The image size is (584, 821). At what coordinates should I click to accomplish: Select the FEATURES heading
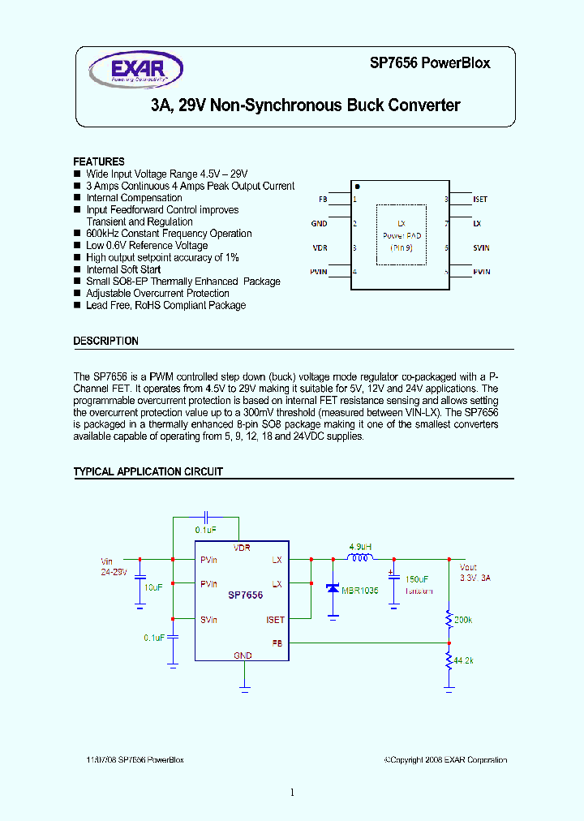coord(99,161)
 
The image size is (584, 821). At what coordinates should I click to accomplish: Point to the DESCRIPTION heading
coord(105,342)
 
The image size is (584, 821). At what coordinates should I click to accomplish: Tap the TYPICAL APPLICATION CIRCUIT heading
coord(148,471)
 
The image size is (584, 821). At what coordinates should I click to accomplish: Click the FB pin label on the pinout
coord(323,199)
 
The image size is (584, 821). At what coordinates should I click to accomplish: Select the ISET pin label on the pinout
coord(480,199)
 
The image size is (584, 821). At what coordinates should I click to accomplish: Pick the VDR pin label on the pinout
coord(320,247)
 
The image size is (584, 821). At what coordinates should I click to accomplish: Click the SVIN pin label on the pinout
coord(482,247)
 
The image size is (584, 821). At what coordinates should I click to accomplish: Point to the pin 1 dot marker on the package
coord(357,187)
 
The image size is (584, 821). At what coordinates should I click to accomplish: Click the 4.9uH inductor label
coord(360,547)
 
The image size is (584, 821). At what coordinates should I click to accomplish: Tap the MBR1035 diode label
coord(359,590)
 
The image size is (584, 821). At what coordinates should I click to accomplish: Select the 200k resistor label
coord(464,619)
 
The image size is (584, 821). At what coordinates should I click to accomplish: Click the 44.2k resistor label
coord(463,660)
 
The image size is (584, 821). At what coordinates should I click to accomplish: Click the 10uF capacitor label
coord(153,587)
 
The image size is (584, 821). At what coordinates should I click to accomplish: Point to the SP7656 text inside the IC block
coord(245,595)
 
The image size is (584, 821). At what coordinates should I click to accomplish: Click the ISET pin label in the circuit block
coord(275,620)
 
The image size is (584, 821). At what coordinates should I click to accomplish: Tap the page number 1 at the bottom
coord(291,793)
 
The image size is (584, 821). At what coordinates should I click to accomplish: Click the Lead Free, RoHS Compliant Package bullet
coord(165,306)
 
